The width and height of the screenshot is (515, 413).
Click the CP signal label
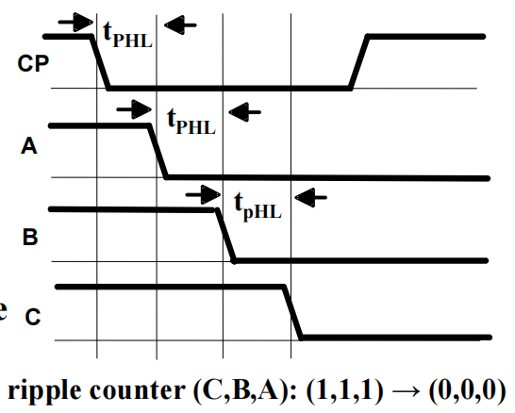pos(33,63)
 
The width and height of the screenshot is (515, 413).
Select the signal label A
pos(29,146)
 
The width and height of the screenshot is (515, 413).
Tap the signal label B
pos(30,237)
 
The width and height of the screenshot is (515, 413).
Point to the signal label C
pos(33,317)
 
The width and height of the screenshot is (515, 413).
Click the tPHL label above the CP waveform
pos(127,35)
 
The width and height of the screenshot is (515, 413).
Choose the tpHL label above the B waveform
pos(257,206)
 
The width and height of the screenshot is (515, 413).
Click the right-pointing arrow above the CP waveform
pos(75,23)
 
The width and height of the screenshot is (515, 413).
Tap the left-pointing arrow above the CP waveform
pos(180,25)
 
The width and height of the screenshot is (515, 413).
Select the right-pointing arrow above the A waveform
pos(134,109)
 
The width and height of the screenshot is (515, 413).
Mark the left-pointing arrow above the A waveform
pos(244,112)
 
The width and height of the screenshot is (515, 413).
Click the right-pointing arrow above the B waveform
pos(203,194)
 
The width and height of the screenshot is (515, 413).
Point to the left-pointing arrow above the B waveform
pos(310,197)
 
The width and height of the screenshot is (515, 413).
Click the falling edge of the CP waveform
pos(100,62)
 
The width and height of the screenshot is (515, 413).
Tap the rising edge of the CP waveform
pos(358,62)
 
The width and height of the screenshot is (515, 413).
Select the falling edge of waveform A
pos(158,152)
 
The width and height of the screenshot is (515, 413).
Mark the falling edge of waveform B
pos(225,236)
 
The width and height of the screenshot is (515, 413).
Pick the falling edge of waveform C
pos(292,312)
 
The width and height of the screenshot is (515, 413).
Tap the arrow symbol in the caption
pos(407,390)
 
